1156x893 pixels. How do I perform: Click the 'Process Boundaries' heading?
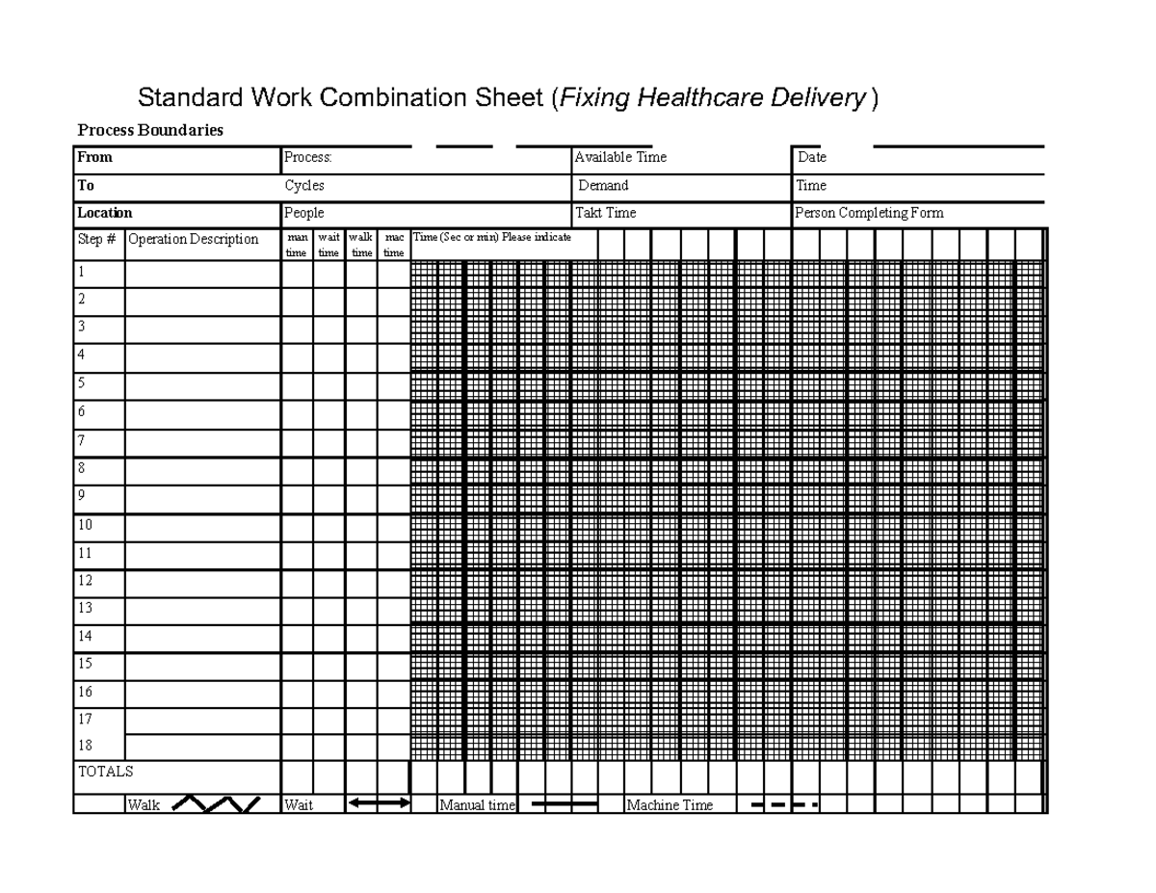click(149, 131)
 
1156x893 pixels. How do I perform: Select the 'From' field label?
click(94, 157)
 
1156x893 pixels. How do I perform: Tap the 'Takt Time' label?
click(605, 213)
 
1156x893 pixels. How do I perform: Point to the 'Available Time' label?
click(620, 157)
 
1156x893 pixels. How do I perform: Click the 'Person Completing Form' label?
click(869, 213)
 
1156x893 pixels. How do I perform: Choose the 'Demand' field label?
click(603, 185)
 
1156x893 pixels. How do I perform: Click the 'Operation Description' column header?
click(193, 240)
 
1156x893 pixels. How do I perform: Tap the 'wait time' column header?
click(328, 245)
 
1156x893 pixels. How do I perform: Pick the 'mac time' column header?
click(393, 245)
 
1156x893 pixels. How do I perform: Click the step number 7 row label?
click(82, 440)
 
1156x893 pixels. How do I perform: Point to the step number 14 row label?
click(85, 636)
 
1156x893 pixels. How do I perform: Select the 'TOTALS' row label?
click(105, 772)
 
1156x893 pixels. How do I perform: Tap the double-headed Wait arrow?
click(379, 802)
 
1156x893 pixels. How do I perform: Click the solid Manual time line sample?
click(565, 803)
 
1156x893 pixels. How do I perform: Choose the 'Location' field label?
click(104, 213)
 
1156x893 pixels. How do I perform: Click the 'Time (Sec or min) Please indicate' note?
click(491, 237)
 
